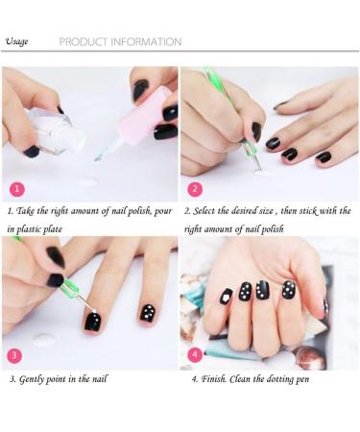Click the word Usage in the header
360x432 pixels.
(x=16, y=41)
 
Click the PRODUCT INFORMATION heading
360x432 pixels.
(x=120, y=42)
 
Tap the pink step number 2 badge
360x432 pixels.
(x=195, y=188)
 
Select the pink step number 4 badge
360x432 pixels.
(x=195, y=354)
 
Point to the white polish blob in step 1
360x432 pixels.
(x=87, y=180)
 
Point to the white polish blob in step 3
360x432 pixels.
(x=43, y=339)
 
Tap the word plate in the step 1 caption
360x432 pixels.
(x=78, y=228)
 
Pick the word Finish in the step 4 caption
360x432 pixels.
(x=216, y=379)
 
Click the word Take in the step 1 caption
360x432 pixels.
(x=30, y=210)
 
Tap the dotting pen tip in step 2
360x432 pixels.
(x=257, y=170)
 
